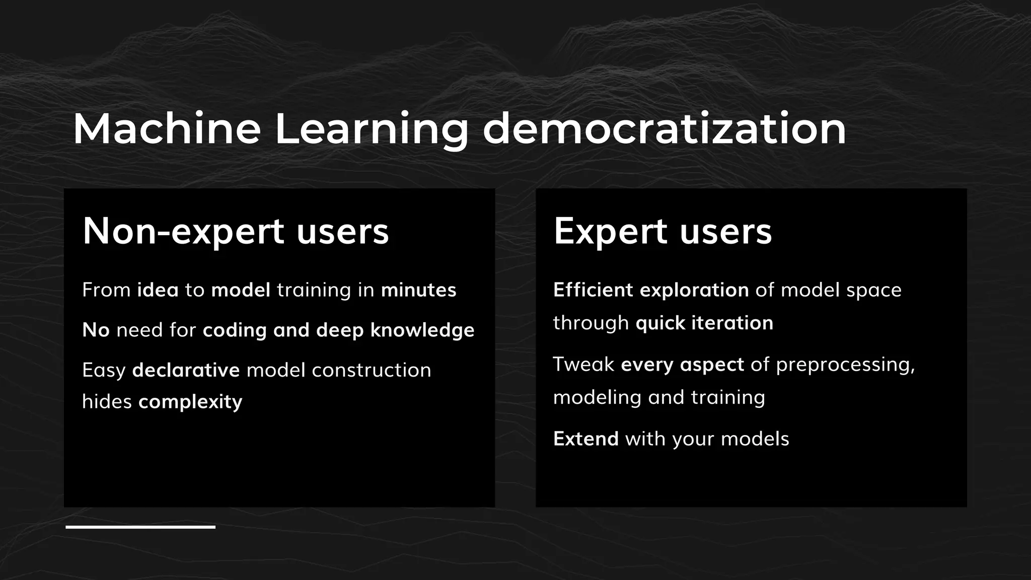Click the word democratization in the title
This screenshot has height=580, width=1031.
664,129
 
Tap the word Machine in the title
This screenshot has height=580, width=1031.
167,129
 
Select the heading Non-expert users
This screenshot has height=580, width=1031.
236,231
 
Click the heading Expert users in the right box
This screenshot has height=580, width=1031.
662,231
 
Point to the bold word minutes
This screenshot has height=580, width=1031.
418,290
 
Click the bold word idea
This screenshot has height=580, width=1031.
158,290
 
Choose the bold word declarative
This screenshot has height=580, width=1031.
186,370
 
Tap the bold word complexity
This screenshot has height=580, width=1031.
190,402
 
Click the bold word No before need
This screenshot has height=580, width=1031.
96,330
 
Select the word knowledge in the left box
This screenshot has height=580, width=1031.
422,330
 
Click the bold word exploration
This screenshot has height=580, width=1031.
694,290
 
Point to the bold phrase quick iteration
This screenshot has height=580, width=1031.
704,323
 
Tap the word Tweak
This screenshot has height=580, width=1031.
583,364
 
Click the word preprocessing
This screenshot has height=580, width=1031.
845,365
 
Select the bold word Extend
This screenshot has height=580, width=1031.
586,439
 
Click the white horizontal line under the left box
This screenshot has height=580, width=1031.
140,527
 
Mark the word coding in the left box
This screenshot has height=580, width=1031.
235,330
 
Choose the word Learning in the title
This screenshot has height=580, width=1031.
372,129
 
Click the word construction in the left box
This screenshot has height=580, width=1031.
372,370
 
